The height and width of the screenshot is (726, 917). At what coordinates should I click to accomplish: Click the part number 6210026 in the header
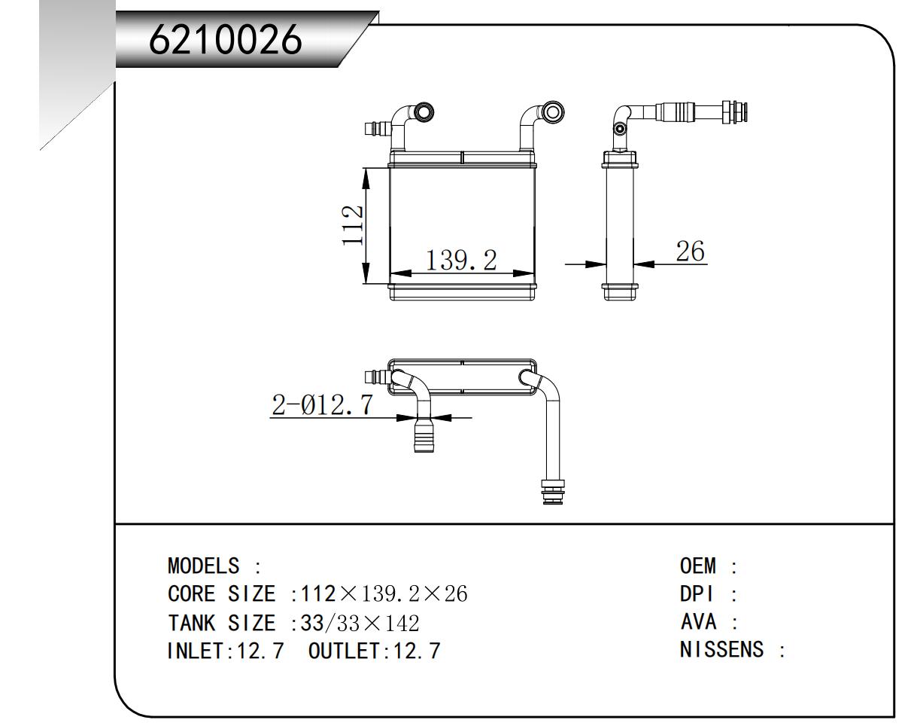coord(225,40)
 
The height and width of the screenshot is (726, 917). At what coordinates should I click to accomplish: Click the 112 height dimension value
coord(353,224)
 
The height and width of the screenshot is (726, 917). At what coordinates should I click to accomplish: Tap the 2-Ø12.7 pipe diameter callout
coord(322,405)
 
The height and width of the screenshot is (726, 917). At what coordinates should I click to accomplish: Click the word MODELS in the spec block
coord(203,566)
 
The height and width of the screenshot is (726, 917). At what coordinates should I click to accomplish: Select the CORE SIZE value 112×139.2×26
coord(384,594)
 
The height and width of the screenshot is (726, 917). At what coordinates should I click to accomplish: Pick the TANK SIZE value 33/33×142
coord(360,623)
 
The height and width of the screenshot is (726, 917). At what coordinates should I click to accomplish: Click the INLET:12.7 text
coord(225,651)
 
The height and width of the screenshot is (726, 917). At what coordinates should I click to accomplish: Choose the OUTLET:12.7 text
coord(374,651)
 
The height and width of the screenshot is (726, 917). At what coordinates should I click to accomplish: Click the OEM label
coord(699,566)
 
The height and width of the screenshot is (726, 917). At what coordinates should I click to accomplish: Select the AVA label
coord(697,622)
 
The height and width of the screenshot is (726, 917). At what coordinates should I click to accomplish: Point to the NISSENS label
coord(721,649)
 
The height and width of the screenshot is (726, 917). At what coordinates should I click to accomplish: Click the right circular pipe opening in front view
coord(552,112)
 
